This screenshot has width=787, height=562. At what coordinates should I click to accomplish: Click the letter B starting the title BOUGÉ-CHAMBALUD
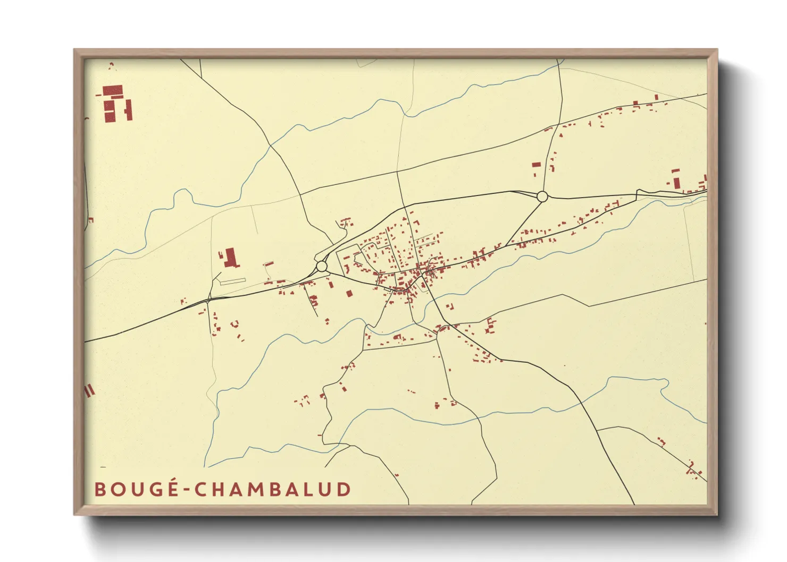[99, 489]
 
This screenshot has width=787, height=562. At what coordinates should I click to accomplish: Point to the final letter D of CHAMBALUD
[344, 489]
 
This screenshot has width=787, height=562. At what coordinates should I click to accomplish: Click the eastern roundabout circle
[542, 197]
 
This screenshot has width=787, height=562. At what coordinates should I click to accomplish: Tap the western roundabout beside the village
[322, 266]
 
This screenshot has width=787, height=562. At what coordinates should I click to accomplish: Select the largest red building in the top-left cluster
[113, 90]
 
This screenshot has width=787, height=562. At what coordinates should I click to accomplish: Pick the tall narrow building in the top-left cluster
[128, 110]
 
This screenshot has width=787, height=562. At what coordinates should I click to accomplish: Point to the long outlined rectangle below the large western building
[232, 280]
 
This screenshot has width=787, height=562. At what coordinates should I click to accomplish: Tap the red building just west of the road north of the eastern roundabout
[537, 165]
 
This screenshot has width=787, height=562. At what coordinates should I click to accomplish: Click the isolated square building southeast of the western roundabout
[349, 293]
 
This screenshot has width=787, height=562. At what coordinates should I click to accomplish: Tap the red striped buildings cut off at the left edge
[89, 391]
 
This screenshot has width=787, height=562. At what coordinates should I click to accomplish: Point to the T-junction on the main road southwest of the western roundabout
[207, 301]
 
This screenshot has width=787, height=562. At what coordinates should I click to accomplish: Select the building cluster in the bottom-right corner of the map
[693, 469]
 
